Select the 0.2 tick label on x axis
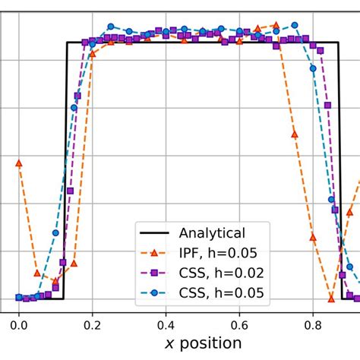pyautogui.click(x=92, y=322)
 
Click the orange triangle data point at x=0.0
pyautogui.click(x=18, y=163)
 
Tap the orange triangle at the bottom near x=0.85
pyautogui.click(x=331, y=297)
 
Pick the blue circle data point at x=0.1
pyautogui.click(x=55, y=232)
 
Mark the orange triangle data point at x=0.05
pyautogui.click(x=37, y=272)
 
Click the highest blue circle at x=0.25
pyautogui.click(x=111, y=27)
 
